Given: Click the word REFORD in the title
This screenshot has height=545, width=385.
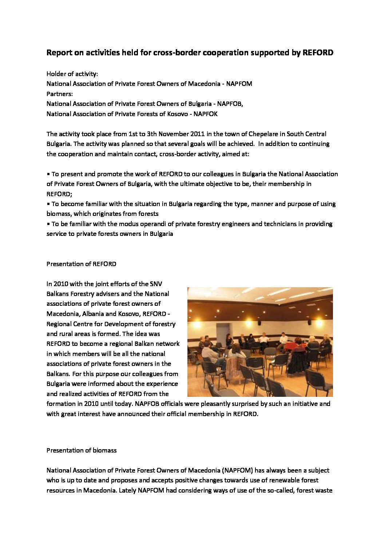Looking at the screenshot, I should point(318,53).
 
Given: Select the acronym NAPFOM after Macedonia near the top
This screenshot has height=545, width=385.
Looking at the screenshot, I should point(239,84).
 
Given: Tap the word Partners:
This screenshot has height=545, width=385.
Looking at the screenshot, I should point(60,94).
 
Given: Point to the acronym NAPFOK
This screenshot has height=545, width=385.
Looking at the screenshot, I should point(206,114).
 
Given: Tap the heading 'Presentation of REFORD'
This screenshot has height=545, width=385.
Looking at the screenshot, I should point(81,264).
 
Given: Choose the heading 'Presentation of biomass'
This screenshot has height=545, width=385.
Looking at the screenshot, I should point(81,450).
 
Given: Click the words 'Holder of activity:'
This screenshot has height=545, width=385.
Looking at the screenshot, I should point(72,74).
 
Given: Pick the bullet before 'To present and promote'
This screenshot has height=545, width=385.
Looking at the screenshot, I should point(48,174).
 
